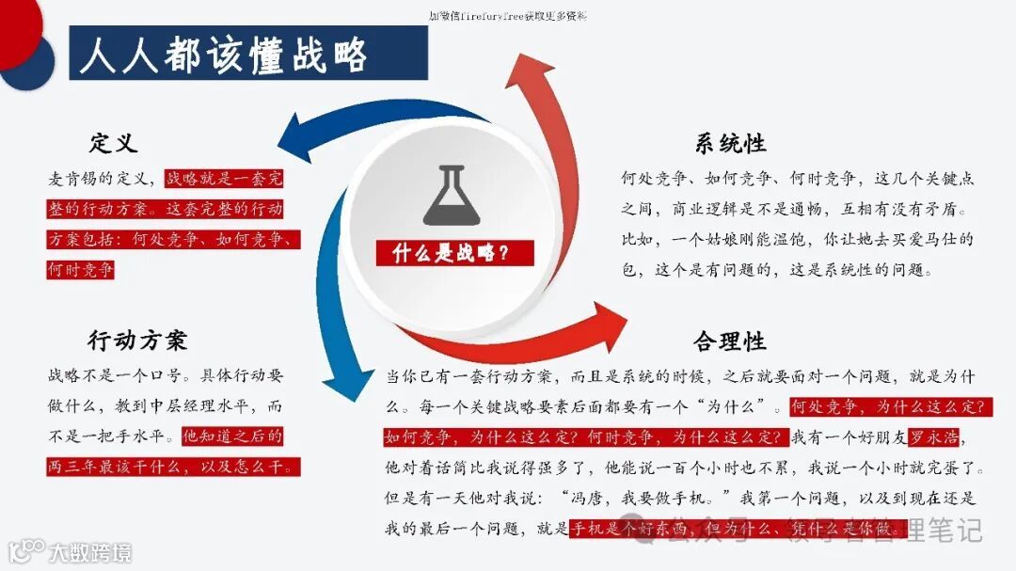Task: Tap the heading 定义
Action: [114, 143]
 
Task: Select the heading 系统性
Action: [730, 143]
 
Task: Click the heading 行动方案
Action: [137, 340]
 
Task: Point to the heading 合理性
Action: [730, 341]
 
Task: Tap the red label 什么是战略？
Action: [451, 252]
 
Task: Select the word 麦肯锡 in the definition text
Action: [78, 179]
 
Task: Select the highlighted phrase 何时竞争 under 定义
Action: [81, 270]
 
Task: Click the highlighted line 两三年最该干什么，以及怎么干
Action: [173, 467]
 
